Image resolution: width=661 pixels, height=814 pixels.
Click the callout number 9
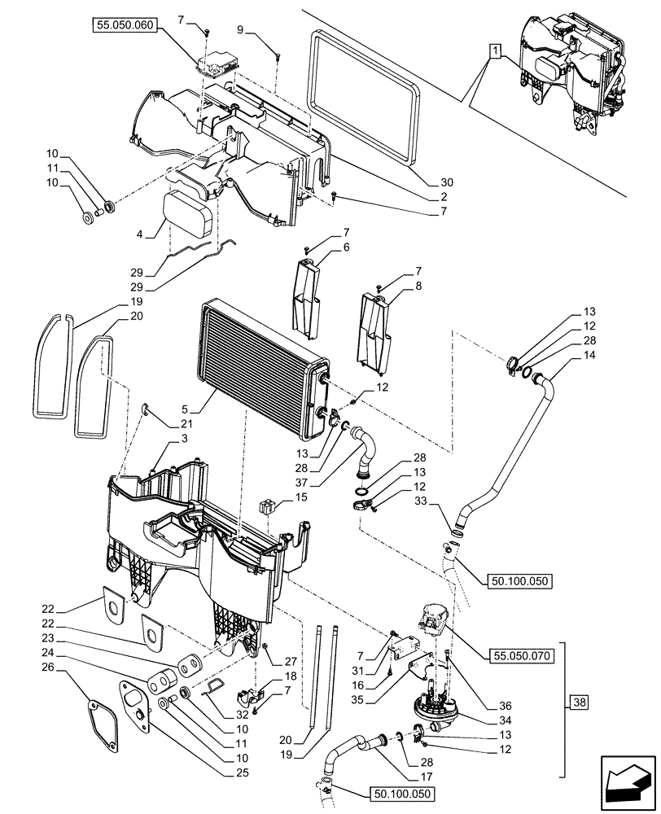[240, 28]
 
